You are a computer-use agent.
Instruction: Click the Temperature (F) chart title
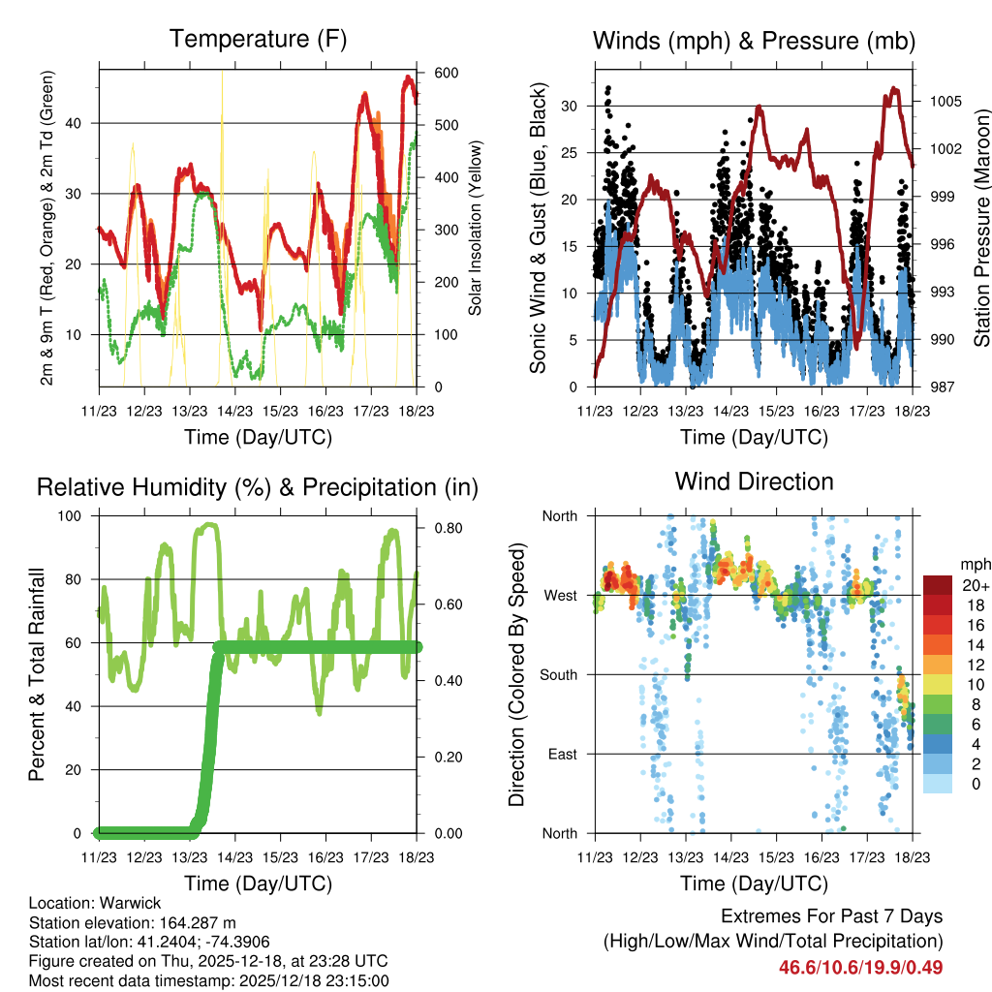[258, 40]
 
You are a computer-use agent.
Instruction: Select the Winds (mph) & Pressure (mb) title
[754, 41]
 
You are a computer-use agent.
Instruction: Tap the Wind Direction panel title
[754, 480]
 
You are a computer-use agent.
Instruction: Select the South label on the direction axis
[559, 674]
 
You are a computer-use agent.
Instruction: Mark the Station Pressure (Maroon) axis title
[980, 230]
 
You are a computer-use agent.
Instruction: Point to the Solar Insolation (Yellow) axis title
[476, 230]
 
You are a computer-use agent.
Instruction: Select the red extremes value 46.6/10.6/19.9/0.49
[860, 967]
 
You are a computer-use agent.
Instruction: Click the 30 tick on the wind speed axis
[571, 106]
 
